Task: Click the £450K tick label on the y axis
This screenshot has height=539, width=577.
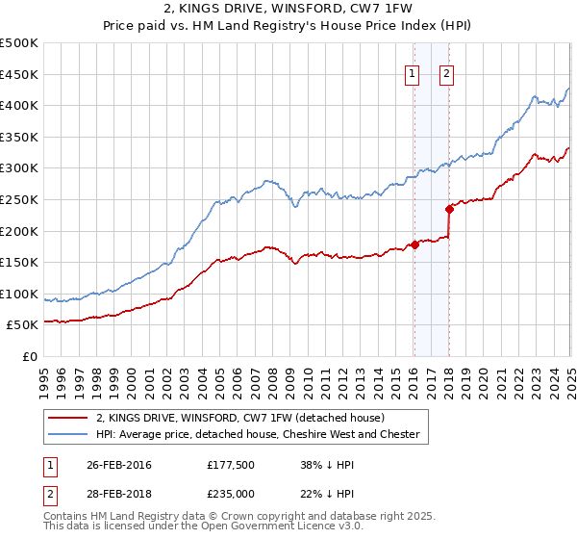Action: (x=19, y=74)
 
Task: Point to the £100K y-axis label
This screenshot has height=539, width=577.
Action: (x=19, y=294)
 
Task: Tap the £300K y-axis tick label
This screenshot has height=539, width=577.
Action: (x=19, y=167)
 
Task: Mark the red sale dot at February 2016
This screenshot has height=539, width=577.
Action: (x=414, y=244)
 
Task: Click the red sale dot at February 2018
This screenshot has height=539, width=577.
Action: (x=449, y=209)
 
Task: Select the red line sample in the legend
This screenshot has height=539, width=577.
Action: (x=68, y=418)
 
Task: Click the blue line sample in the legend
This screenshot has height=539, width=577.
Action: (x=68, y=434)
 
